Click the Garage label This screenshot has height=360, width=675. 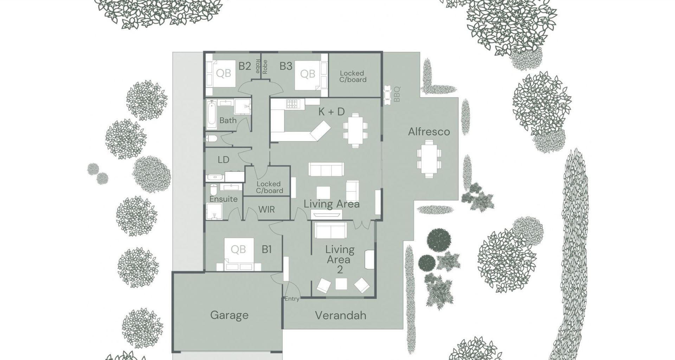229,315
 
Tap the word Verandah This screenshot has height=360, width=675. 340,315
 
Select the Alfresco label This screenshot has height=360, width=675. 429,132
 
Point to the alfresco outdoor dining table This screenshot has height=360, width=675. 429,159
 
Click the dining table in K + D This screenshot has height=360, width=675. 355,130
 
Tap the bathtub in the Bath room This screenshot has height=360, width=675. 212,115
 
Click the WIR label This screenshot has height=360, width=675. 266,210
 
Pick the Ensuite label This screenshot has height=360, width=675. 224,199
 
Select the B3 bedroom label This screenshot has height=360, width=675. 286,66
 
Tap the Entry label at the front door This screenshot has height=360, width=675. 292,299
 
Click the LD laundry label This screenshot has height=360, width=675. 223,160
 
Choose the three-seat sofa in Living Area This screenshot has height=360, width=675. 326,169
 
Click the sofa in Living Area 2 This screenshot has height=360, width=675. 330,230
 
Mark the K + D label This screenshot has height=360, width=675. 331,112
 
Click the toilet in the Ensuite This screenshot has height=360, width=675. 213,190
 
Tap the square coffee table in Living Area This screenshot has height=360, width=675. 323,193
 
